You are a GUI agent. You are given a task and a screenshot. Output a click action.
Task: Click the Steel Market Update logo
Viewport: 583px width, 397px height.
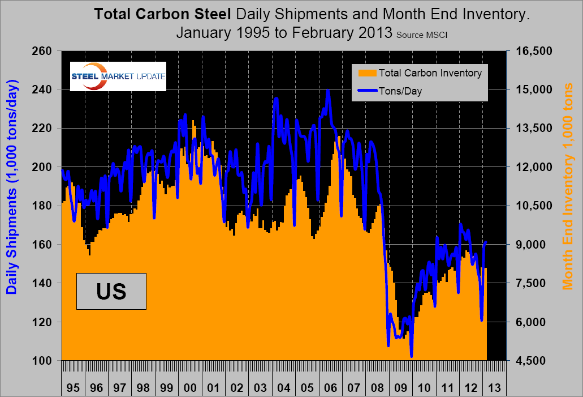118,76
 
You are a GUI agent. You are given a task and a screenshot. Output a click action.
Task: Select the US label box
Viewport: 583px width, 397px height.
111,291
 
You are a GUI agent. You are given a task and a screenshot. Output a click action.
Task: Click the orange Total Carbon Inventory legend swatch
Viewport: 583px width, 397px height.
366,73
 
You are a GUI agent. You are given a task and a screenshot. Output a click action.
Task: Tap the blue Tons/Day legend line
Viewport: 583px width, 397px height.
366,90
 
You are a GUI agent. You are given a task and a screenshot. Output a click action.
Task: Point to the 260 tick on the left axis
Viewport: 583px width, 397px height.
43,51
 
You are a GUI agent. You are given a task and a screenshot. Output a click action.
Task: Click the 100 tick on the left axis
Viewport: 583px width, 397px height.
43,360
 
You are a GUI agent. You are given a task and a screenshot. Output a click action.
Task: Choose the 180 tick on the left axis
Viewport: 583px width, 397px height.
43,206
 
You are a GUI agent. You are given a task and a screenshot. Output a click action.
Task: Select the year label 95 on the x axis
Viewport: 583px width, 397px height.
72,389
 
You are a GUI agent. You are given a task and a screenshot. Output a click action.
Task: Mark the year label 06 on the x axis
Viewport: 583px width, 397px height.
331,389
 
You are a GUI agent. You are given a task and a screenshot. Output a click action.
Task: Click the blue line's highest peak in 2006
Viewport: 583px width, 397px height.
328,90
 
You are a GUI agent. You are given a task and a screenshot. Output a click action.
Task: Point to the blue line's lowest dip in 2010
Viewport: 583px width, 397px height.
412,356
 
